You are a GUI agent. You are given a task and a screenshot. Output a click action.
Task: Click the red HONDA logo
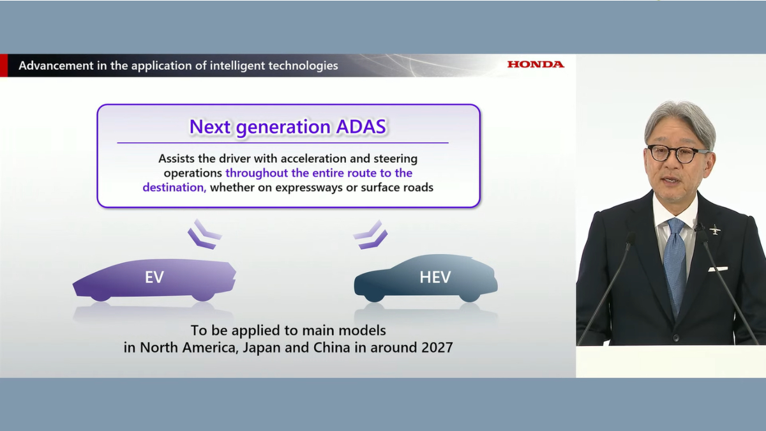pyautogui.click(x=536, y=64)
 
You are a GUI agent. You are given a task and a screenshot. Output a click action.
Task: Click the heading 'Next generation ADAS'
pyautogui.click(x=288, y=126)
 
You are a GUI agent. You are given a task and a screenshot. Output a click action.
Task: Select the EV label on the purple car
pyautogui.click(x=154, y=277)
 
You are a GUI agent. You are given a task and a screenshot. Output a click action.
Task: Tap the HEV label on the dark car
pyautogui.click(x=435, y=277)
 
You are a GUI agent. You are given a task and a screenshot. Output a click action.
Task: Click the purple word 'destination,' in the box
pyautogui.click(x=174, y=187)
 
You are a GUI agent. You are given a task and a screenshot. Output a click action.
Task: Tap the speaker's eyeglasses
pyautogui.click(x=678, y=154)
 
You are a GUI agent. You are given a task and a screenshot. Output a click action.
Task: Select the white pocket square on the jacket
pyautogui.click(x=717, y=269)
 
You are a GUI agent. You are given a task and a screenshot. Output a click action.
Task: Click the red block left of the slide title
pyautogui.click(x=4, y=65)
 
